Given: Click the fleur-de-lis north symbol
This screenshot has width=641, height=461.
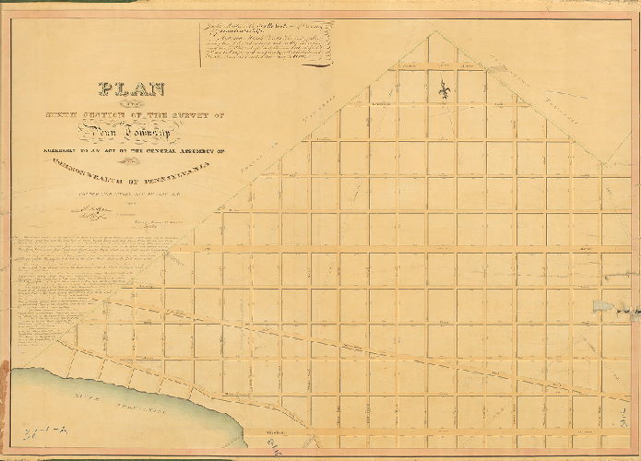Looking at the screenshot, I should (x=444, y=91).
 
